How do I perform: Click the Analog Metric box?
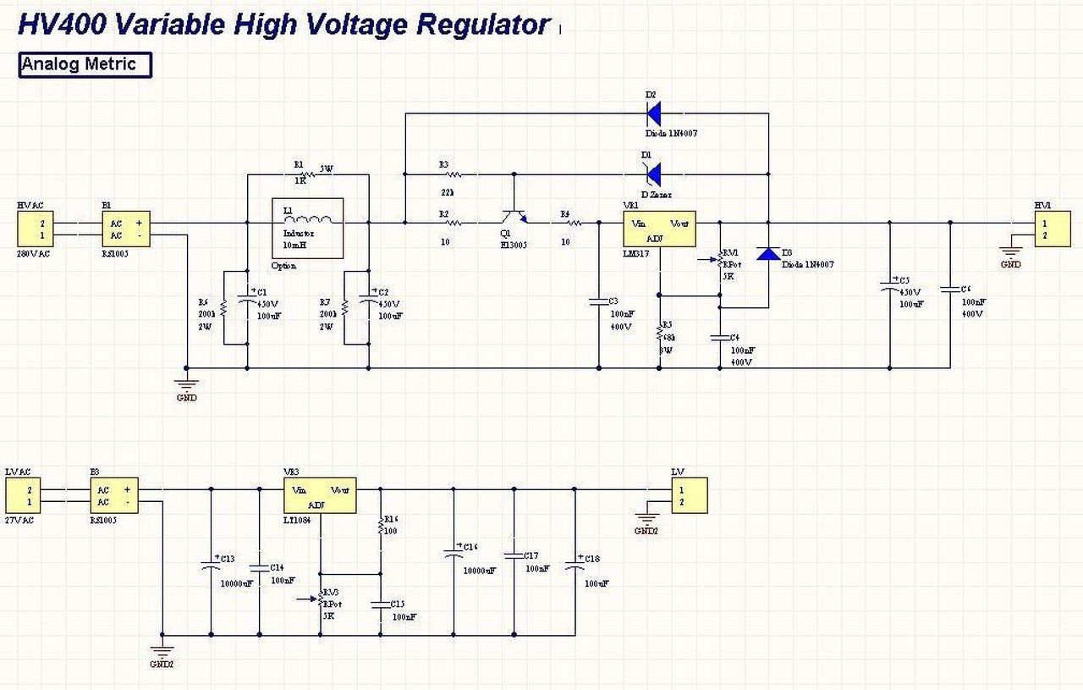tap(85, 65)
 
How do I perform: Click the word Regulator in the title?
tap(483, 25)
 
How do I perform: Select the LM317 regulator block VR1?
tap(659, 229)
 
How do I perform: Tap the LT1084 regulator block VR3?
tap(319, 495)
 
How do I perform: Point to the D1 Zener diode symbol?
tap(653, 174)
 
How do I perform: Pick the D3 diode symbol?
tap(768, 253)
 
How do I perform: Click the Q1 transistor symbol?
tap(514, 218)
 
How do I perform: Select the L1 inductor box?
tap(306, 228)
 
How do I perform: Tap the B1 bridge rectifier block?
tap(126, 229)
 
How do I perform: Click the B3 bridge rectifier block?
tap(114, 496)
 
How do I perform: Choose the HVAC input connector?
tap(35, 229)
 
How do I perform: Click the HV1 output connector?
tap(1052, 229)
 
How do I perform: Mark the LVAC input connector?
tap(23, 496)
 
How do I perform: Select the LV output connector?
tap(689, 495)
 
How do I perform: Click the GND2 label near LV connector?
tap(646, 532)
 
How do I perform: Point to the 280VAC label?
tap(33, 253)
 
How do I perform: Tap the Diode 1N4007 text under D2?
tap(671, 134)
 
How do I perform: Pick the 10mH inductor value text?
tap(295, 245)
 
